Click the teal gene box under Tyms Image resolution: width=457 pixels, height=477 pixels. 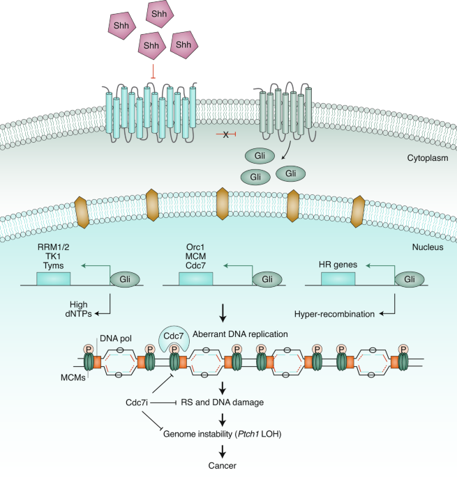[52, 279]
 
